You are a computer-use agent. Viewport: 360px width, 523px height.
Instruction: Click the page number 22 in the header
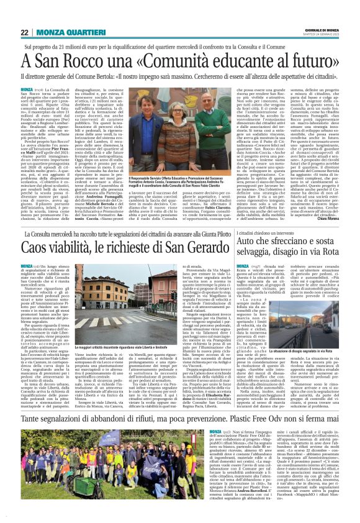click(x=24, y=32)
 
